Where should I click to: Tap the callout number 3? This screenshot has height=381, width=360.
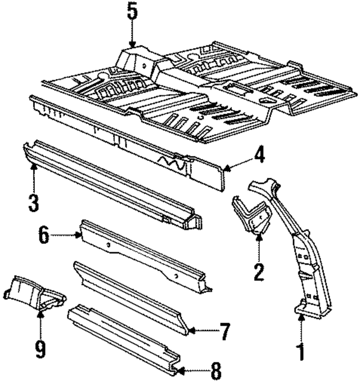pos(34,201)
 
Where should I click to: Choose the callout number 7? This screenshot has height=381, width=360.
pos(225,332)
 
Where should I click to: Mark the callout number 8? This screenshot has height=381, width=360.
pos(215,371)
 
